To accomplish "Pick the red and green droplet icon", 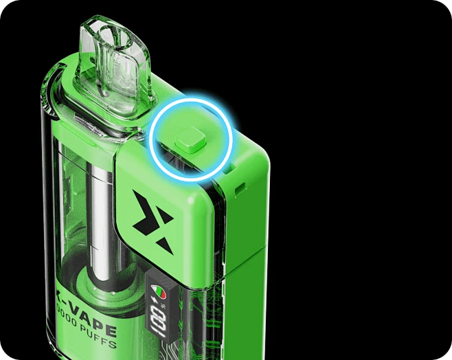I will pyautogui.click(x=157, y=292).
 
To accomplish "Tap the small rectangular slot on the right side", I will pyautogui.click(x=241, y=185).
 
